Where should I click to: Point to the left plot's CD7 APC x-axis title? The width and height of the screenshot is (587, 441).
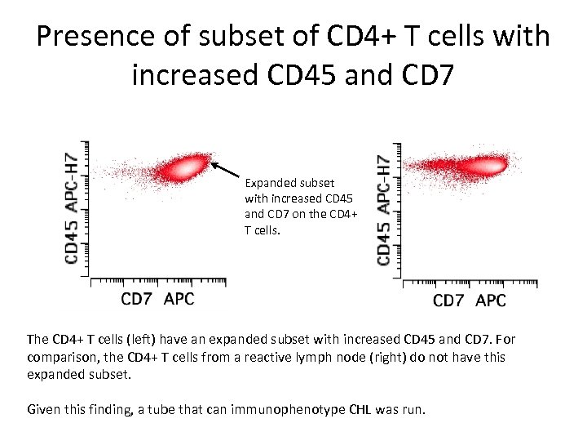pos(157,299)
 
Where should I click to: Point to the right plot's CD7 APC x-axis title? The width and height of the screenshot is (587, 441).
pos(469,301)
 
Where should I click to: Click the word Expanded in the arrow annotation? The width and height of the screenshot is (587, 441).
pos(271,184)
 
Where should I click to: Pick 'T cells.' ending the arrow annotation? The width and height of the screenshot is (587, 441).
pos(262,230)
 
